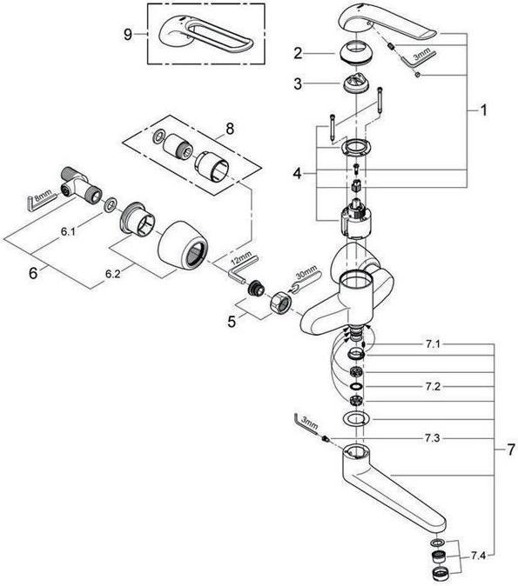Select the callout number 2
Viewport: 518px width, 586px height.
[298, 54]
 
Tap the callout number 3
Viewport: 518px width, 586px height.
[298, 83]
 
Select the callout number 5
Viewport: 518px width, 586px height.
[231, 320]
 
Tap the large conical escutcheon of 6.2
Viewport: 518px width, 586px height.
[182, 246]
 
